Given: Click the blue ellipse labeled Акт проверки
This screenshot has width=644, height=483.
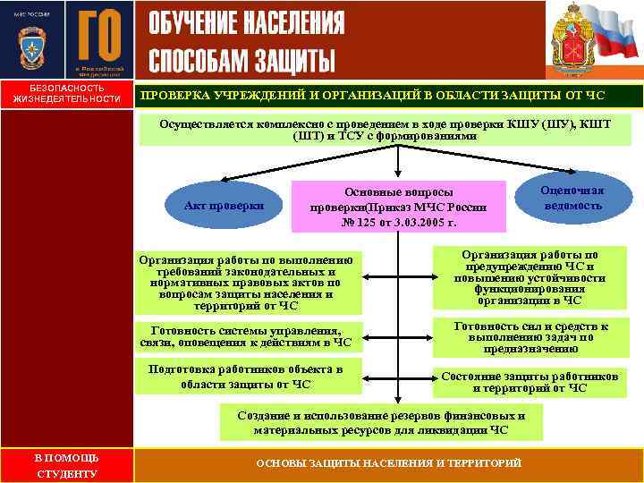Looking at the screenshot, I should point(224,205).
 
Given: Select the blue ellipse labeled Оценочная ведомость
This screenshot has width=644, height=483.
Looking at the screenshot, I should point(572,198).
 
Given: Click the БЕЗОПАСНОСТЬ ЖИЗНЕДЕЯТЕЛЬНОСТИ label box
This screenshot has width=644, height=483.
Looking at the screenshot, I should point(66,94).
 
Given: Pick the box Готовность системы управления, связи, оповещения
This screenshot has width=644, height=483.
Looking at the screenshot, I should point(245,335).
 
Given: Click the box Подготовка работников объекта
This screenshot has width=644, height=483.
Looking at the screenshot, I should point(245,377).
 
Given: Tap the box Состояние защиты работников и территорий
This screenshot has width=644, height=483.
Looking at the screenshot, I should point(530,382).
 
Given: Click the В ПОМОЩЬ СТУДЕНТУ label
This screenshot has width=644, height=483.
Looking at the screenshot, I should point(66,464).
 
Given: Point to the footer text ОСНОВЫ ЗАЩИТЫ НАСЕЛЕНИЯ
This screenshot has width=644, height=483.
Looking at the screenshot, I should point(388,463).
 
